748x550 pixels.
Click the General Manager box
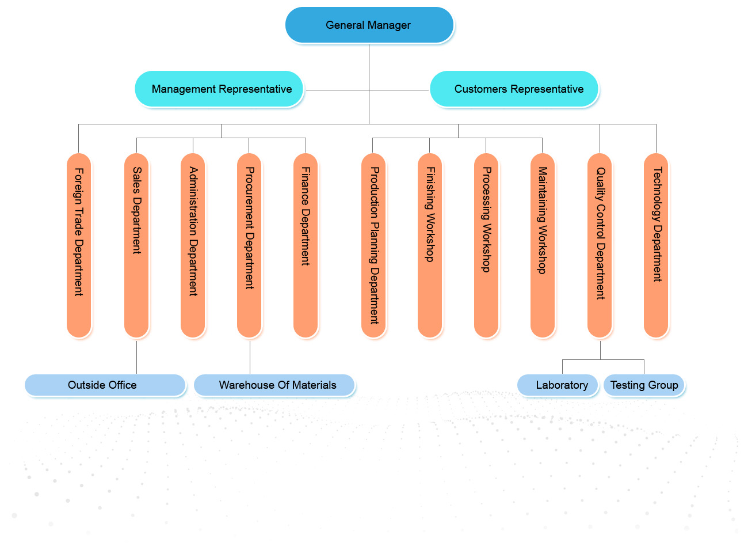pos(369,25)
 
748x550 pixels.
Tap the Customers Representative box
pos(514,89)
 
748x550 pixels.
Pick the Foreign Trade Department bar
pos(79,245)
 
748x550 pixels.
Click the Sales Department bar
pos(136,245)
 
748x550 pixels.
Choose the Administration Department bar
pos(193,245)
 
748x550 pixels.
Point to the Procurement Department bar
pos(249,245)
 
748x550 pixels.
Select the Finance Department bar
pos(306,245)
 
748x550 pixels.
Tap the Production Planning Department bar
pos(373,245)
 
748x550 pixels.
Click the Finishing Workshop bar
pos(430,245)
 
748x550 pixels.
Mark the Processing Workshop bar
pos(486,245)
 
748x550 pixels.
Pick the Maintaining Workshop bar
pos(543,245)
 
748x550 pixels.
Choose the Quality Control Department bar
pos(600,245)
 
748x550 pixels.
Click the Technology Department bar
pos(656,245)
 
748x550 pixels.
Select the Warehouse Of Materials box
pos(274,385)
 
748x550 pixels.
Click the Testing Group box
pos(644,385)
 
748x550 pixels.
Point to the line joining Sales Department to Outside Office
pos(136,357)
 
